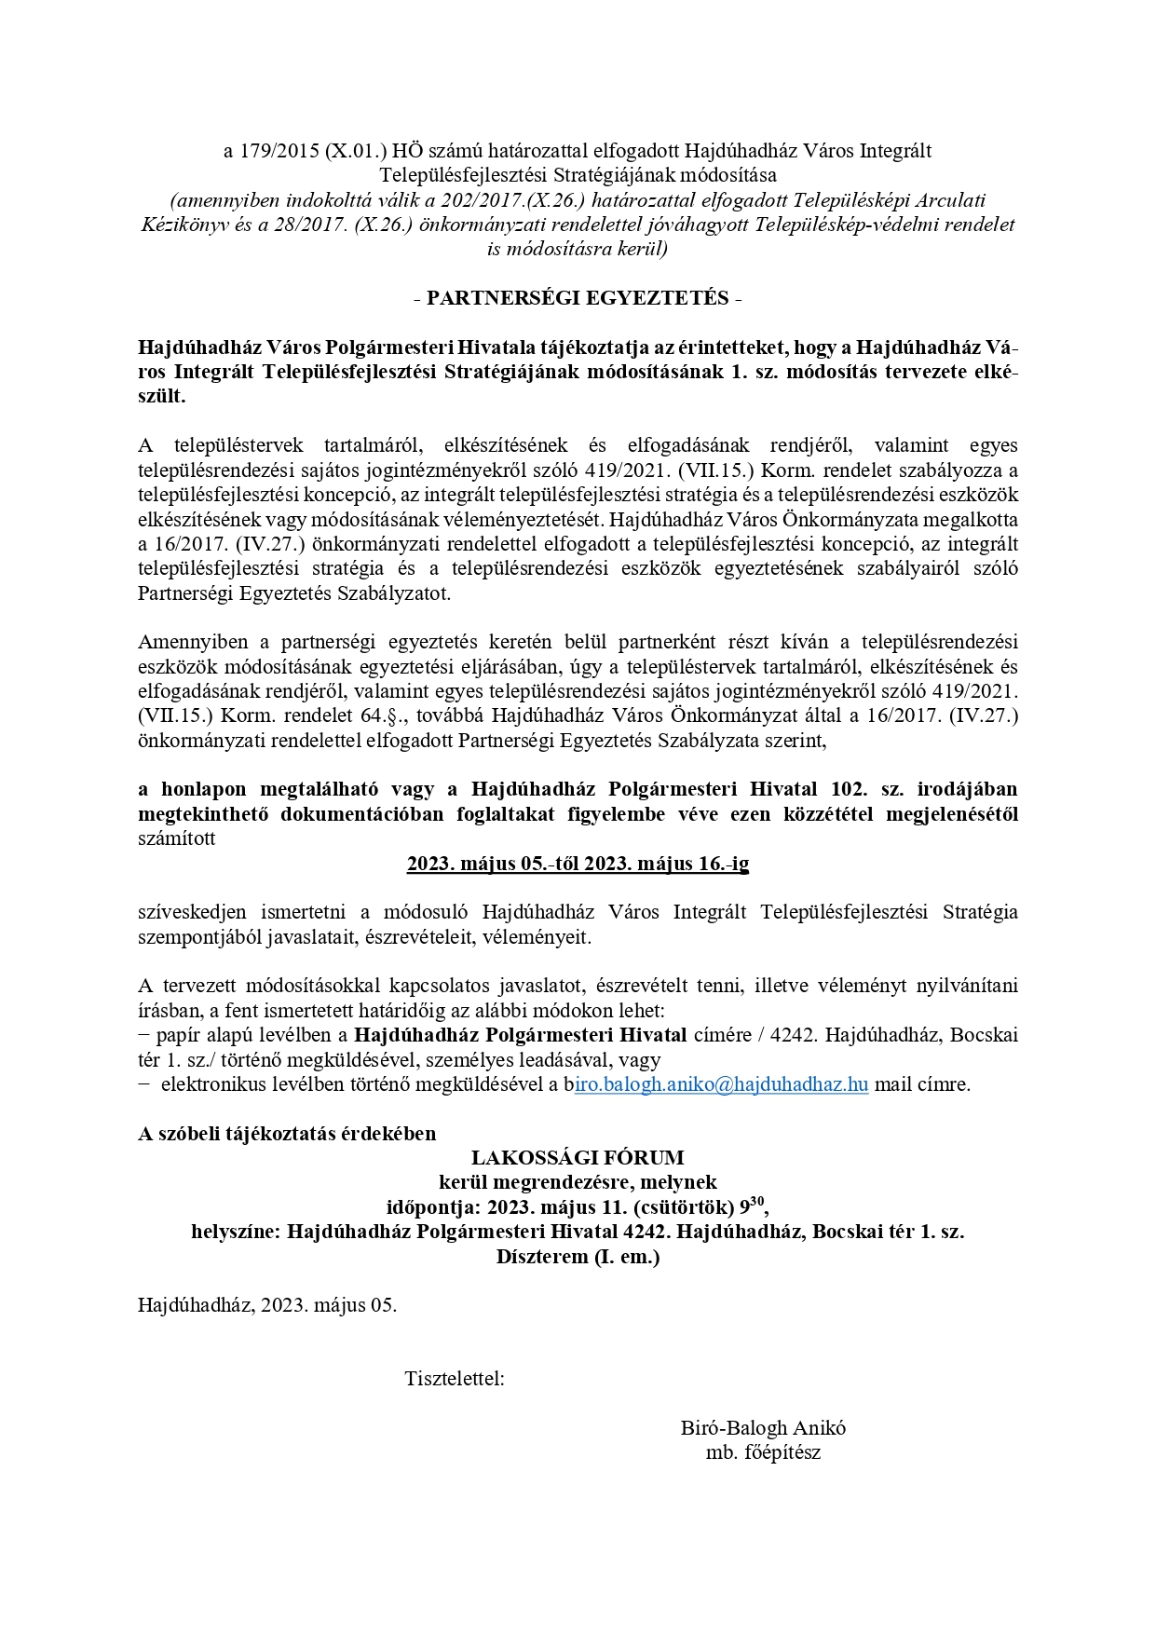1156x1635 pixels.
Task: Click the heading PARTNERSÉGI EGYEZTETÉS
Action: point(578,298)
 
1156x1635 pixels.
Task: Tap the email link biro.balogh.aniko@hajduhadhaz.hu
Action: point(722,1084)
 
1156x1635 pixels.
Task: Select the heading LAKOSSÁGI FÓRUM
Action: point(578,1158)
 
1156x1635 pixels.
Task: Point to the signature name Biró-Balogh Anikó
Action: point(763,1427)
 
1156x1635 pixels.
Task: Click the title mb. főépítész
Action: point(763,1452)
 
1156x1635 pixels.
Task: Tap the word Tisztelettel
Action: point(455,1378)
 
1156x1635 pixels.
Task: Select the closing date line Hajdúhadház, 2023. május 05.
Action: point(267,1304)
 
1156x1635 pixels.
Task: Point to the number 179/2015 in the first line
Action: point(279,151)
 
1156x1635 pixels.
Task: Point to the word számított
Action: point(176,838)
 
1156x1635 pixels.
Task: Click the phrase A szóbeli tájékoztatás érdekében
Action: point(287,1134)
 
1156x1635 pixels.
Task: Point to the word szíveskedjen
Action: point(186,912)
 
